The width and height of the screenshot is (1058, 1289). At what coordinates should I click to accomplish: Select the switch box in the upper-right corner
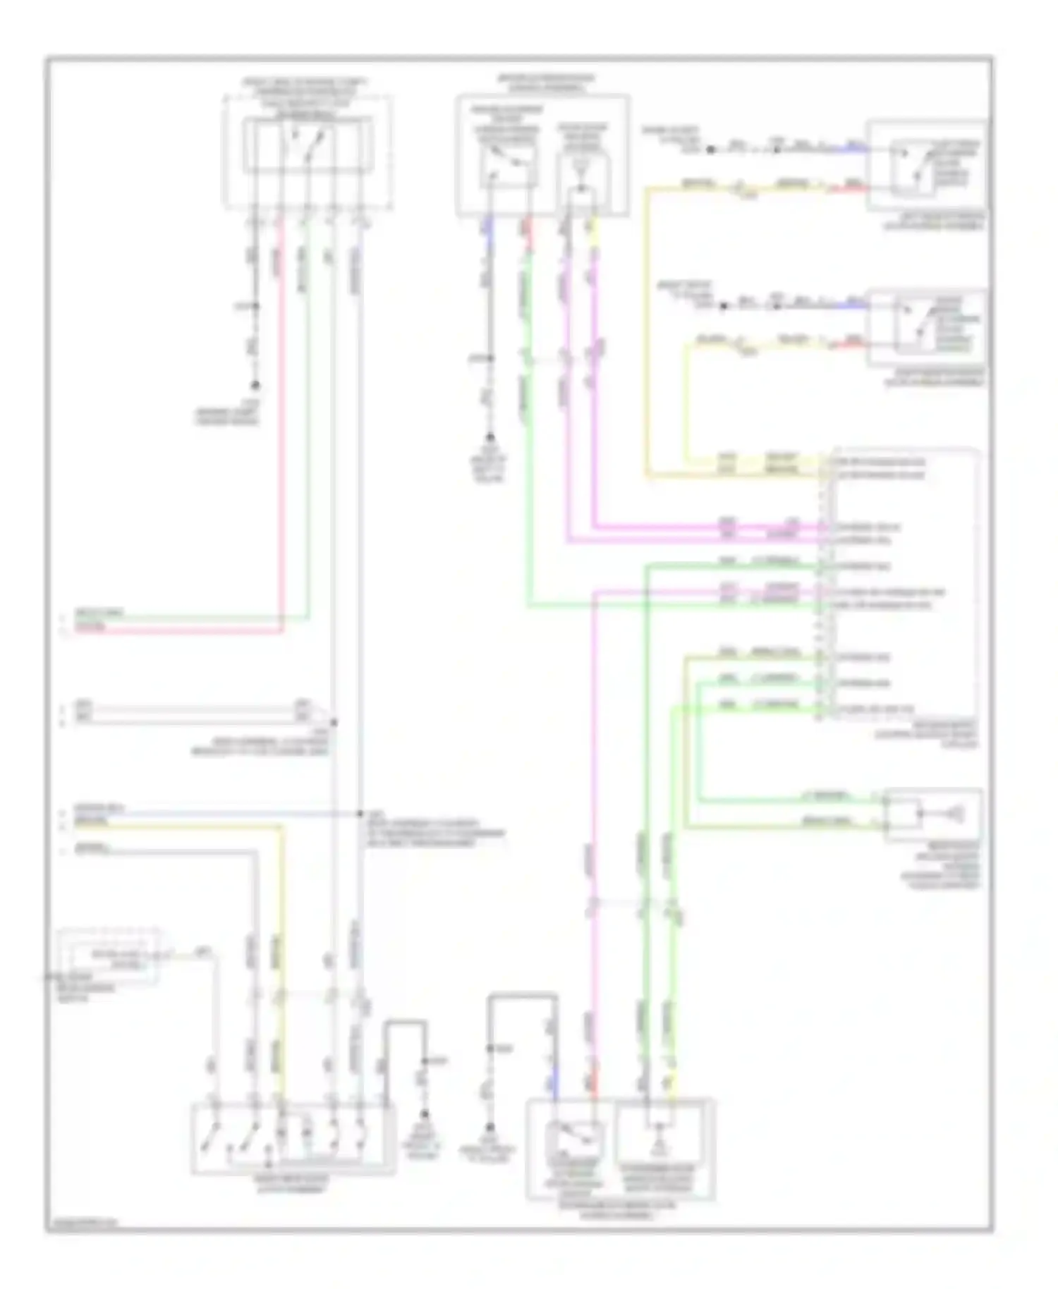click(x=927, y=165)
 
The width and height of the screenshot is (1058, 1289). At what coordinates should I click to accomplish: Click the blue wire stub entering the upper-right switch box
click(x=856, y=149)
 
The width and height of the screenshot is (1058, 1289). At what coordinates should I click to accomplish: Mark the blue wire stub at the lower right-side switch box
click(x=856, y=305)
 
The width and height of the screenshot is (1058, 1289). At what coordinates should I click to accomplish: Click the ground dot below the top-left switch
click(x=256, y=386)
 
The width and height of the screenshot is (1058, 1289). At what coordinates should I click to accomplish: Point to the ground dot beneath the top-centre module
click(x=490, y=437)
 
